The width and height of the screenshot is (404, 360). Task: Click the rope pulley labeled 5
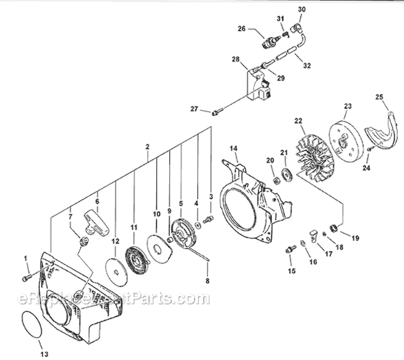pos(183,232)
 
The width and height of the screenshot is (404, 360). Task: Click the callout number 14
pos(233,148)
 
